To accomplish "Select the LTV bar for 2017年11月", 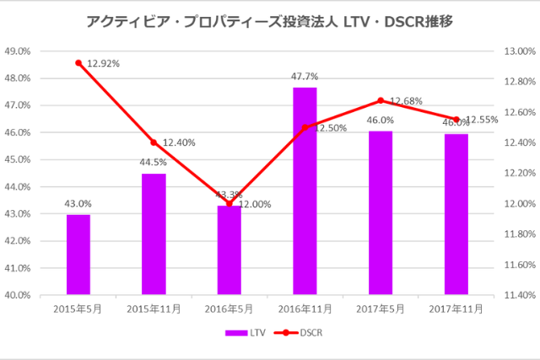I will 456,214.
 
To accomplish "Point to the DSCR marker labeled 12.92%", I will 78,63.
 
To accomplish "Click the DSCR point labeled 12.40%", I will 154,142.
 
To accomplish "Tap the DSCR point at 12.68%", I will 381,100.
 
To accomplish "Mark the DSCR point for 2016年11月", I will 305,127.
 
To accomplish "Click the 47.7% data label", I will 305,77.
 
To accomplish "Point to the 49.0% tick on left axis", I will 19,51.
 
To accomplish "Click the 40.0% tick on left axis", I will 19,295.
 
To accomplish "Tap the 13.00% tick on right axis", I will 518,51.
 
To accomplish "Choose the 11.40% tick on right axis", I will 518,295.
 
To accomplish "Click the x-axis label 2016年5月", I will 229,309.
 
